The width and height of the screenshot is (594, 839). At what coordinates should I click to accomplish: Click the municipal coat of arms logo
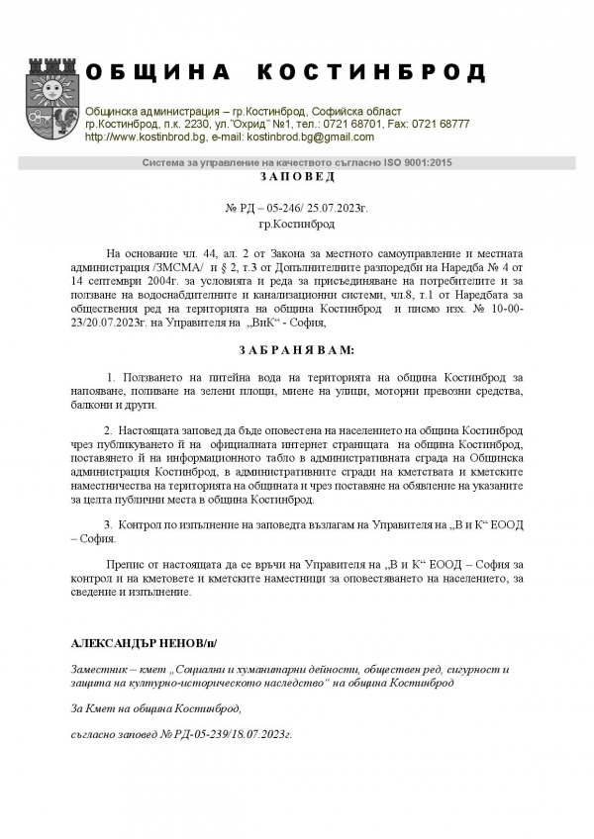click(49, 102)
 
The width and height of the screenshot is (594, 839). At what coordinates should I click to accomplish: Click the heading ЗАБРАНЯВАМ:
click(297, 351)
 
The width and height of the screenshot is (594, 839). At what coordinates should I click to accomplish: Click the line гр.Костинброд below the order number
click(297, 226)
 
